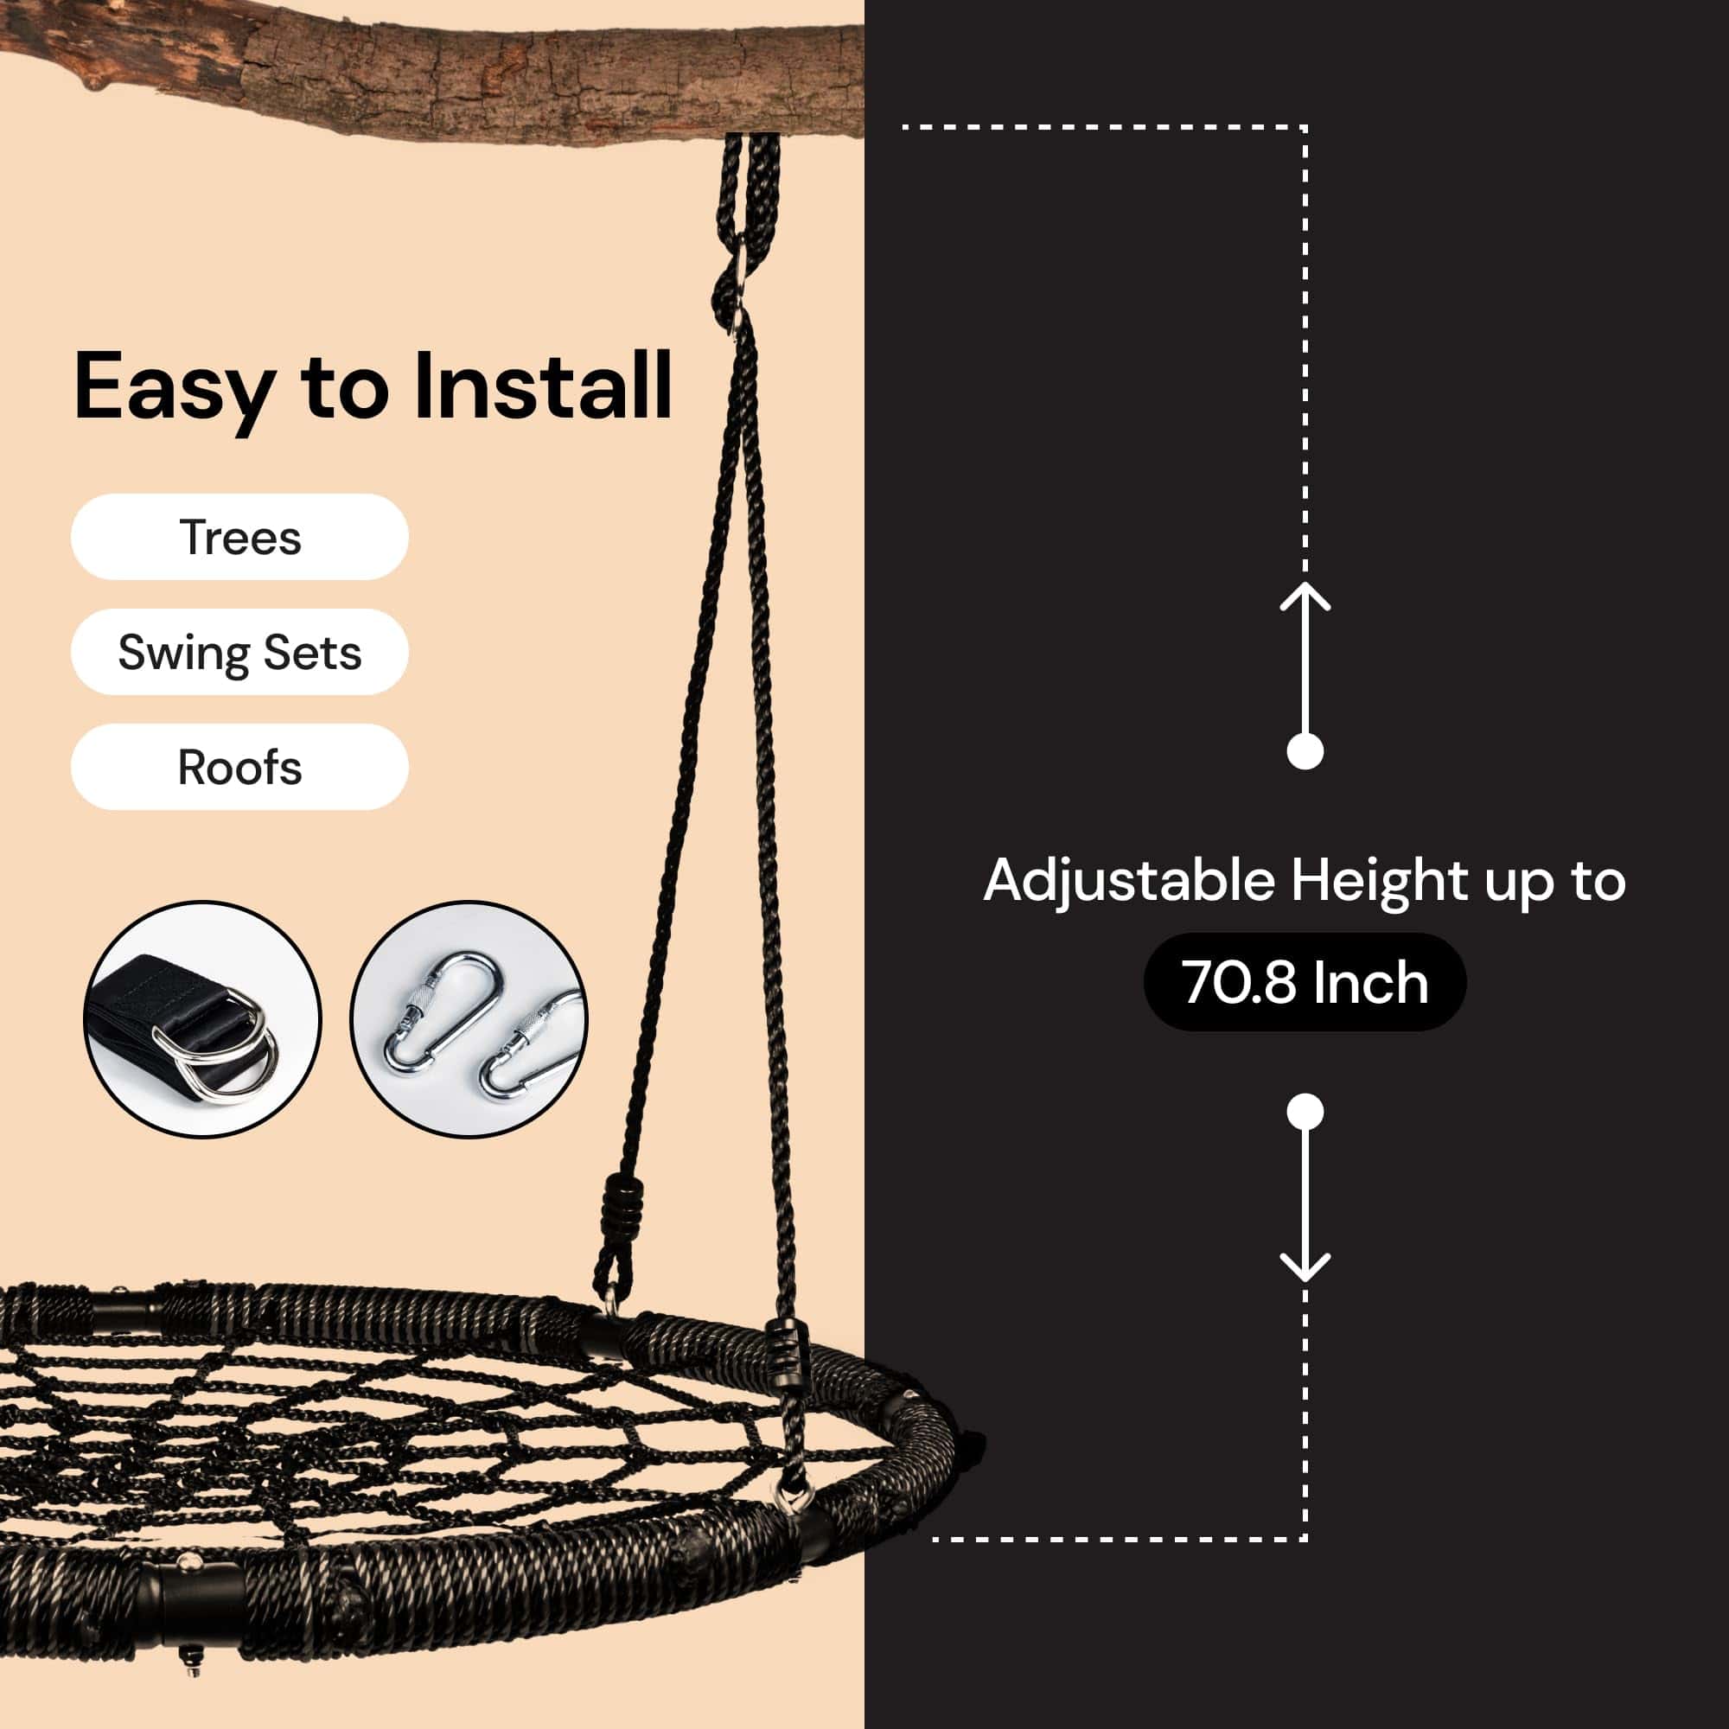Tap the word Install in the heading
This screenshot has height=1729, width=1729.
pos(543,385)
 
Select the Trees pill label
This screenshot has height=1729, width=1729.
pos(239,537)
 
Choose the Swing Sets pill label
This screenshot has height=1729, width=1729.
pos(239,652)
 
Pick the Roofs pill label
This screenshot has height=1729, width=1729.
pos(239,767)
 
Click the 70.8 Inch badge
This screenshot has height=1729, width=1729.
pos(1305,982)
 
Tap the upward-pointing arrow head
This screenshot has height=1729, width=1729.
pos(1305,597)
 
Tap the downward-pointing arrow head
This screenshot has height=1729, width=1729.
pos(1305,1267)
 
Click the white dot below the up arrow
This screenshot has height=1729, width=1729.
pos(1305,751)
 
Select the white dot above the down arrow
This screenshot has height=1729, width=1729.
pos(1305,1113)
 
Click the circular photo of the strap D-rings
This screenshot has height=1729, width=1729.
pos(202,1019)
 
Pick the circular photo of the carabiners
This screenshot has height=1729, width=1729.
pos(469,1019)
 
